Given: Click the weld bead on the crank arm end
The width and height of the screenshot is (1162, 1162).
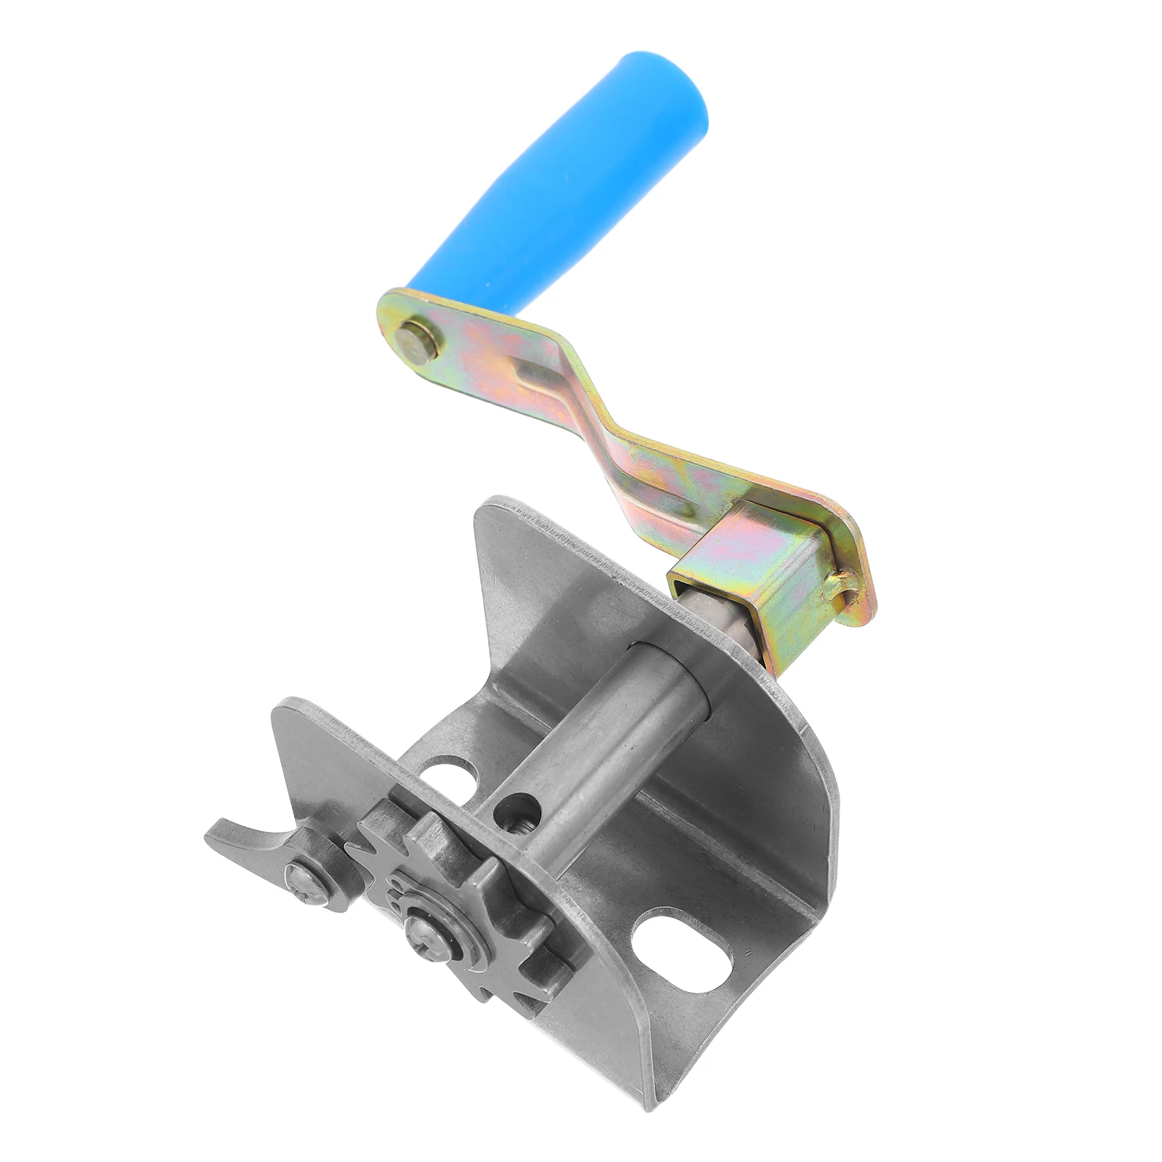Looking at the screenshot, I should [842, 582].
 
